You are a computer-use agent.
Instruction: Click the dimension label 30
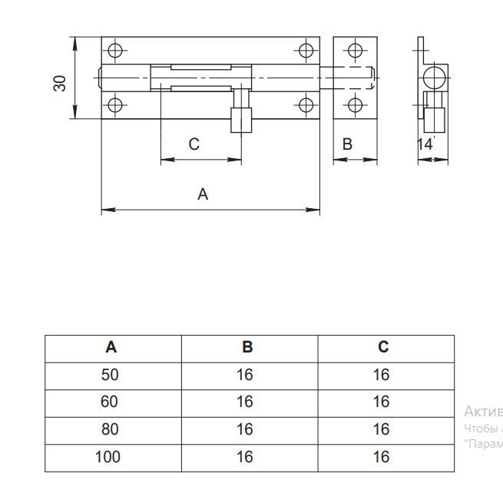(60, 82)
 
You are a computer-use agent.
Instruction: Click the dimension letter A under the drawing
(203, 194)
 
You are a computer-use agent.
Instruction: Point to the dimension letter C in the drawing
(194, 144)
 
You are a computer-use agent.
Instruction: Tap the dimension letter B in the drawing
(347, 144)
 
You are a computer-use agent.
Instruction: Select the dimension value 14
(425, 144)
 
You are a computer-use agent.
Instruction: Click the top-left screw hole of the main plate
(115, 51)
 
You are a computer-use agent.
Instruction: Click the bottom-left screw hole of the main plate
(115, 105)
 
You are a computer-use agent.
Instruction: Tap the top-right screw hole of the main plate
(306, 51)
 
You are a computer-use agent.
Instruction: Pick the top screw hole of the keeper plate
(353, 51)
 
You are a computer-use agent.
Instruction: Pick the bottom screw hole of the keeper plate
(353, 105)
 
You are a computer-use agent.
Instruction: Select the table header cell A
(112, 347)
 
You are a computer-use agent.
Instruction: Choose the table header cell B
(247, 347)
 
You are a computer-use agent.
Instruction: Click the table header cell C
(383, 347)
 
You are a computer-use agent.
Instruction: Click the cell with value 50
(111, 375)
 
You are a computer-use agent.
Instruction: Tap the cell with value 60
(111, 402)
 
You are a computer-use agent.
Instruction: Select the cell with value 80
(111, 429)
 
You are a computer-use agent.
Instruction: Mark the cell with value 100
(108, 457)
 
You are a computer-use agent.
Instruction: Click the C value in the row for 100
(382, 457)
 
